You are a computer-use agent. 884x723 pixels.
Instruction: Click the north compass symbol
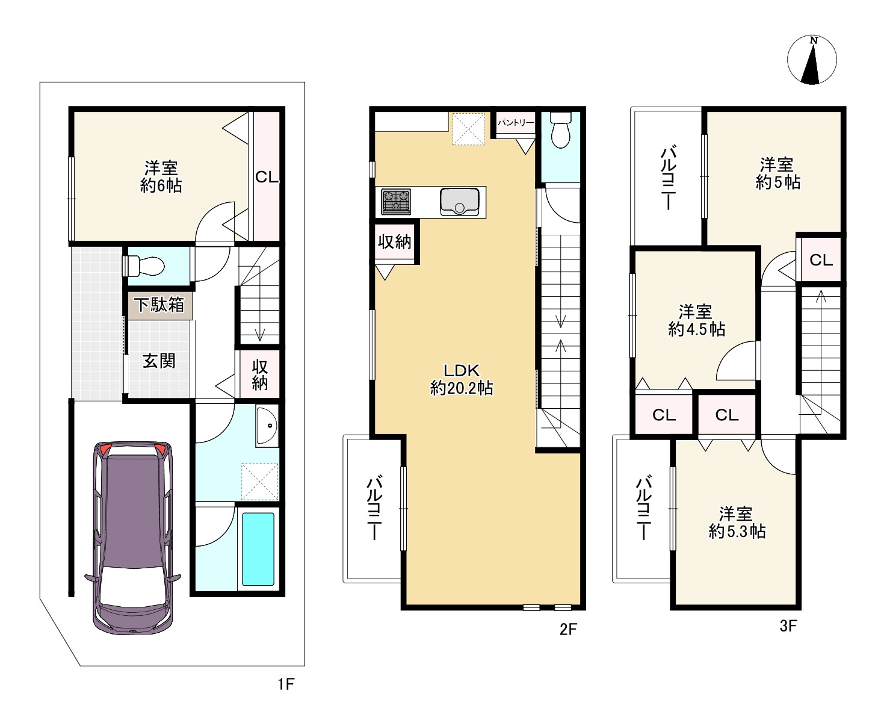(811, 60)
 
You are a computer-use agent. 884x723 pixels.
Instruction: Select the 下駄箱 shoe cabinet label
(159, 305)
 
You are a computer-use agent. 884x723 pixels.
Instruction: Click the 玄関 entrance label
(159, 361)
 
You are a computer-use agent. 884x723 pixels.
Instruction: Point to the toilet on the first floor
(144, 265)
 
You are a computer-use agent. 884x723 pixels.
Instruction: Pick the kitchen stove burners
(396, 202)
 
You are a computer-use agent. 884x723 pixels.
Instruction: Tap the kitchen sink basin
(459, 202)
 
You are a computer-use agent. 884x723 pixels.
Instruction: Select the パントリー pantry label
(516, 123)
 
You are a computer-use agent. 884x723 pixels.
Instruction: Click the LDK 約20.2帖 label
(462, 379)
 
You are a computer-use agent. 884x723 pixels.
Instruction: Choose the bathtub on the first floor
(258, 548)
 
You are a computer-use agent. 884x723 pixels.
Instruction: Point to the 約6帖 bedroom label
(161, 176)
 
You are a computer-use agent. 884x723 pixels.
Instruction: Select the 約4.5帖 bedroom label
(696, 321)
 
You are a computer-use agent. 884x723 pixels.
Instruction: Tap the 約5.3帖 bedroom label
(737, 523)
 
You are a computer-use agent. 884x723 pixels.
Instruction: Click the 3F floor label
(788, 626)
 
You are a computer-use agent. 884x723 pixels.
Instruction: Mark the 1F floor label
(286, 684)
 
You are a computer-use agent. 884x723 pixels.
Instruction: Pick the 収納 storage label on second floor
(394, 242)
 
